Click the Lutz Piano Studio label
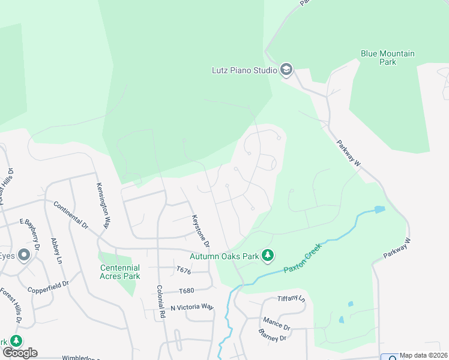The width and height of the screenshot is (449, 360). click(244, 70)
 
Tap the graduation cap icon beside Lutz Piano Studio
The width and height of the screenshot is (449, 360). click(286, 70)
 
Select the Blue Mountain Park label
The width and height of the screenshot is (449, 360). click(387, 58)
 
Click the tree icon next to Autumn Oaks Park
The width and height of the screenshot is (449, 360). click(268, 256)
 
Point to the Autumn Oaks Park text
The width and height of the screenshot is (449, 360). click(224, 256)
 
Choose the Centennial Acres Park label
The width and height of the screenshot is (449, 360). click(120, 272)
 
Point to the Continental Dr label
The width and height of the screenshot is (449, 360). click(71, 215)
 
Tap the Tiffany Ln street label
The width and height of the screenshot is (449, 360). click(291, 299)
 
